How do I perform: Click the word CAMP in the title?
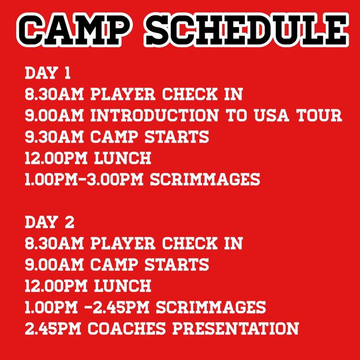(x=73, y=30)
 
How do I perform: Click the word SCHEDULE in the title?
(x=246, y=30)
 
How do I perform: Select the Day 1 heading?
(x=48, y=73)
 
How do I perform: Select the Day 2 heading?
(x=49, y=222)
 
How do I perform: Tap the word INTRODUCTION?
(x=154, y=115)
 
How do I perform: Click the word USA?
(x=271, y=115)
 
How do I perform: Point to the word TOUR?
(x=319, y=115)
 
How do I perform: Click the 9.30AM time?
(x=54, y=137)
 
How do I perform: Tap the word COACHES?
(x=127, y=328)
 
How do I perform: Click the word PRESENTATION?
(x=236, y=328)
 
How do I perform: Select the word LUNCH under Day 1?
(x=122, y=158)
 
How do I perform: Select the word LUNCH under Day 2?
(x=122, y=286)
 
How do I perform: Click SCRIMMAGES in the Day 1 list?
(x=205, y=180)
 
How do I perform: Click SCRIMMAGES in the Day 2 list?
(x=211, y=307)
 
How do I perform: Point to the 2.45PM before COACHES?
(x=53, y=328)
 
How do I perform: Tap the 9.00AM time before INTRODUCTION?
(x=54, y=115)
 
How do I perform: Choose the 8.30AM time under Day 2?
(x=54, y=243)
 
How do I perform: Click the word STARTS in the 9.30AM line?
(x=177, y=137)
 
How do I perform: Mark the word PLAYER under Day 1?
(x=123, y=94)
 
